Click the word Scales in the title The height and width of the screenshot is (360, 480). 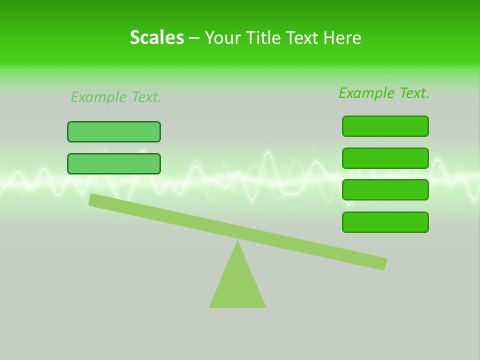[156, 37]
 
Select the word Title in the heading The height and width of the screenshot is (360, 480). [267, 37]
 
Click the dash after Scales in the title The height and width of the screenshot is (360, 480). [194, 38]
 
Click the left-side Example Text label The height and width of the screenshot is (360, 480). [116, 97]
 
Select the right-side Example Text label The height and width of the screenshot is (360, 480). [384, 93]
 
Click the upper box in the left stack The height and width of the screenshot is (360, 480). [114, 131]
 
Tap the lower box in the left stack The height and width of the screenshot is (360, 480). [114, 163]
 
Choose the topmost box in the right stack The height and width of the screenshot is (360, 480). [385, 126]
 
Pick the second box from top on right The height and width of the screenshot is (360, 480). [385, 158]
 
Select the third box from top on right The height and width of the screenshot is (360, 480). [385, 189]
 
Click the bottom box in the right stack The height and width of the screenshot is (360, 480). [385, 222]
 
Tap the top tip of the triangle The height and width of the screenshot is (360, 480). [237, 241]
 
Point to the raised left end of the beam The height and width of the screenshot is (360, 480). [92, 200]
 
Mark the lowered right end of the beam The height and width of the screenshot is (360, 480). [382, 263]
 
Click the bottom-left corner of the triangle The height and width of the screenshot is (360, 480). [210, 306]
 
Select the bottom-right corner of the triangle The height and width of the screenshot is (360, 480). [264, 306]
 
